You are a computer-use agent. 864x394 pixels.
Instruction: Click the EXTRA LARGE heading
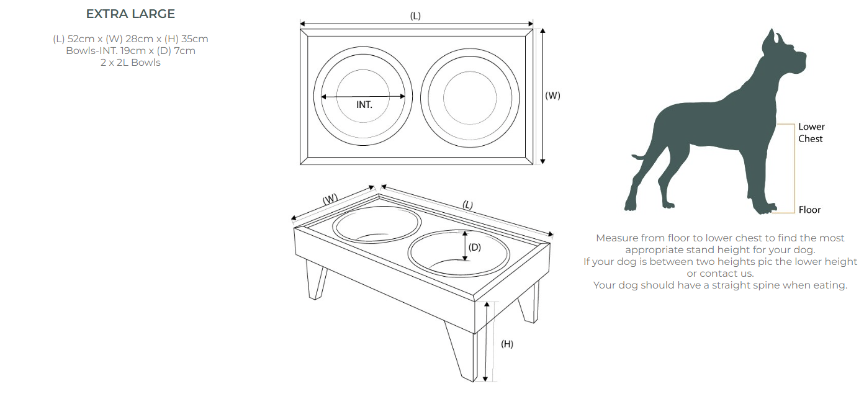point(130,14)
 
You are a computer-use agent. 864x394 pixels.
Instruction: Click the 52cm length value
point(81,39)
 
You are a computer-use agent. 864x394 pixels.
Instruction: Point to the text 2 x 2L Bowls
point(130,63)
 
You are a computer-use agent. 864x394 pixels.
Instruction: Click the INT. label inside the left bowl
point(364,105)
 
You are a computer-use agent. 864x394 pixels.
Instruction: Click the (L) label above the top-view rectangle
point(415,16)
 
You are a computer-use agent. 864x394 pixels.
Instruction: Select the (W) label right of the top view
point(552,96)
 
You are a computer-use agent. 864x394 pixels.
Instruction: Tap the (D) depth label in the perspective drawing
point(474,248)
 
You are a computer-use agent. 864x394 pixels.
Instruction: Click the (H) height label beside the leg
point(507,344)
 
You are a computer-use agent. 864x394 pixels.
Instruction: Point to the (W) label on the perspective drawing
point(330,199)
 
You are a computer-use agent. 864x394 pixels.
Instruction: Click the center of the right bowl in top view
point(470,98)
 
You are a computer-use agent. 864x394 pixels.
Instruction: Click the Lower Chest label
point(811,133)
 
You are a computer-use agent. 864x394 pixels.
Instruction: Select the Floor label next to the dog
point(809,210)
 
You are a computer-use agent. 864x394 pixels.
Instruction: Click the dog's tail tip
point(633,156)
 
